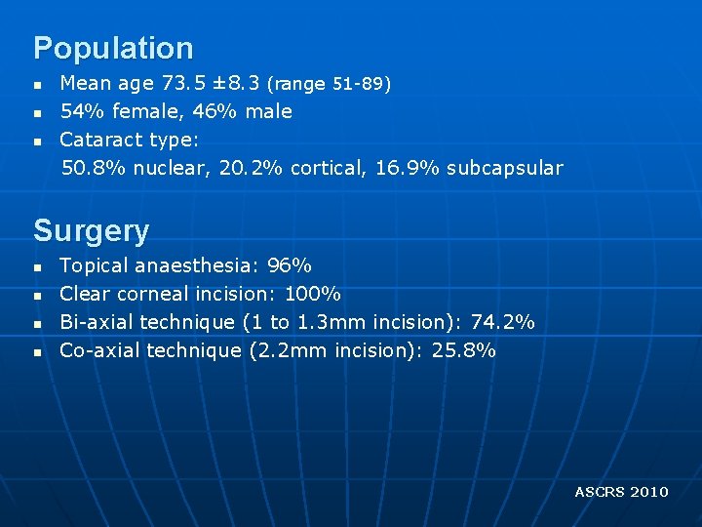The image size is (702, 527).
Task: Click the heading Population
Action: point(113,48)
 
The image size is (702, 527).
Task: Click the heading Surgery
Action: point(92,231)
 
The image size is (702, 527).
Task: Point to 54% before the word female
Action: point(80,111)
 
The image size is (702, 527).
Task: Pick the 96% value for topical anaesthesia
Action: point(290,265)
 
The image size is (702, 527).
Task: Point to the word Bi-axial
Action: point(97,321)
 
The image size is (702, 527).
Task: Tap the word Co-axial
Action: point(99,349)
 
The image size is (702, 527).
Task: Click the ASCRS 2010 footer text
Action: point(621,492)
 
